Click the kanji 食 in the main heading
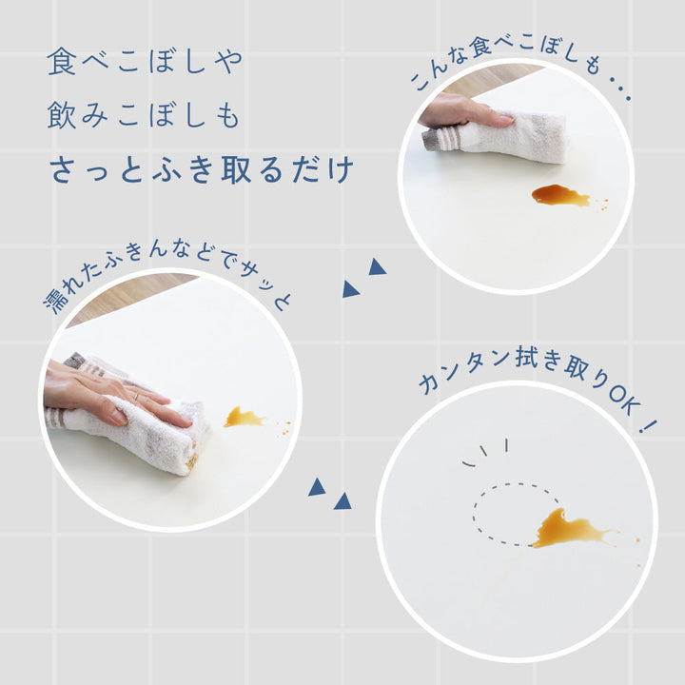(x=62, y=62)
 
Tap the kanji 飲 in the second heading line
(x=62, y=114)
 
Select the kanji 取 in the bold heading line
(x=236, y=169)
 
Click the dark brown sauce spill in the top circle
(x=560, y=195)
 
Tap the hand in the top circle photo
(x=463, y=112)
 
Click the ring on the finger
(x=136, y=396)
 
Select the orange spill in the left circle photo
(x=243, y=418)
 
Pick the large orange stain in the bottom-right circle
(x=568, y=529)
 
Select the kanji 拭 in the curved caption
(x=527, y=357)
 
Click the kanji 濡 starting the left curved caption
(x=54, y=301)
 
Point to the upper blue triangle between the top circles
(x=377, y=267)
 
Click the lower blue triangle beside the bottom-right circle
(x=342, y=501)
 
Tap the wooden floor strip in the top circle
(x=489, y=79)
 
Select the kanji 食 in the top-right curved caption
(x=480, y=48)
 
